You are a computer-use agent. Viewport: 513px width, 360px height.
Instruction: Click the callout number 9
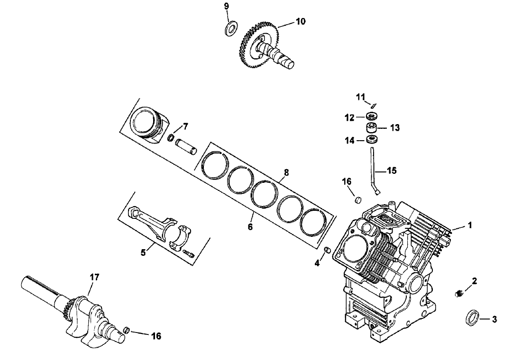[x=226, y=6]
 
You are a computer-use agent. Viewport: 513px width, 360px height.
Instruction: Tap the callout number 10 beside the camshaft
[x=301, y=21]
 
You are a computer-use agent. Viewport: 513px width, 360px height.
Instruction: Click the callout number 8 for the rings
[x=286, y=173]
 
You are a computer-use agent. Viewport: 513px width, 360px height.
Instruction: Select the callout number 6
[x=250, y=227]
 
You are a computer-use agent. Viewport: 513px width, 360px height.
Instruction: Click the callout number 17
[x=94, y=278]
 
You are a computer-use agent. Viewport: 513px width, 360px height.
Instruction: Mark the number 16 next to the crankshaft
[x=156, y=336]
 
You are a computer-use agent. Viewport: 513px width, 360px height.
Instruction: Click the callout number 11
[x=361, y=97]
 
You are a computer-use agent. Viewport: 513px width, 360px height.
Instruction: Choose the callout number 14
[x=350, y=141]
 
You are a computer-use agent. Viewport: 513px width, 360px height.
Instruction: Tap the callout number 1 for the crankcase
[x=470, y=225]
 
